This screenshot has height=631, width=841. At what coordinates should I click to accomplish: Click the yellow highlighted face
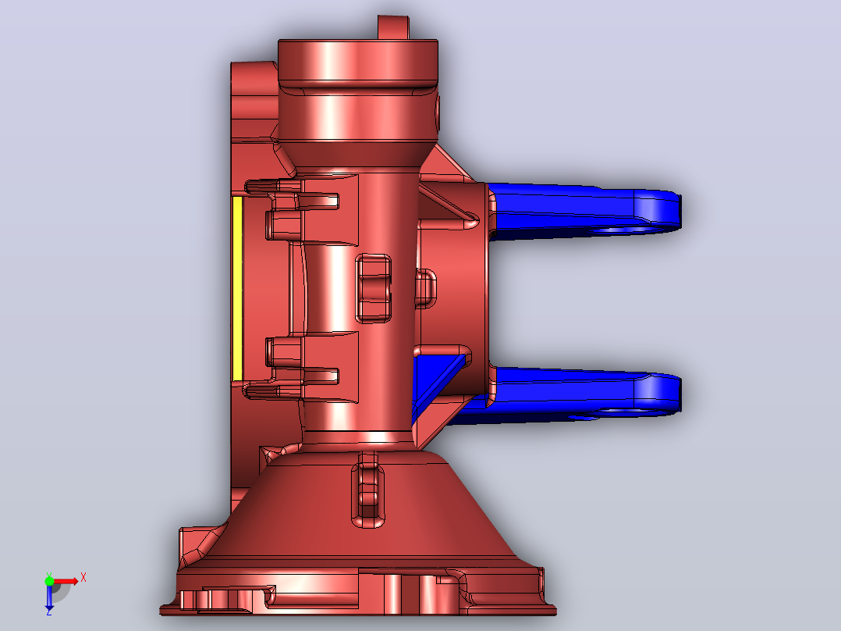[x=238, y=289]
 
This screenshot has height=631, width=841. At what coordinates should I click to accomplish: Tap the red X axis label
[x=83, y=578]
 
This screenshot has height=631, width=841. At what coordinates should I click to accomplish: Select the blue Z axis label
[x=49, y=611]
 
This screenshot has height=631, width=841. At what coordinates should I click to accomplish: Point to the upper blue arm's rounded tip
[x=678, y=210]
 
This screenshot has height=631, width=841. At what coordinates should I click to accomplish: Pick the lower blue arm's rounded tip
[x=678, y=394]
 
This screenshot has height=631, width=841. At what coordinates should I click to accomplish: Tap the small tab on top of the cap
[x=393, y=27]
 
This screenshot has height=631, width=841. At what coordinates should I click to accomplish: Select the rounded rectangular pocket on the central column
[x=373, y=289]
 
